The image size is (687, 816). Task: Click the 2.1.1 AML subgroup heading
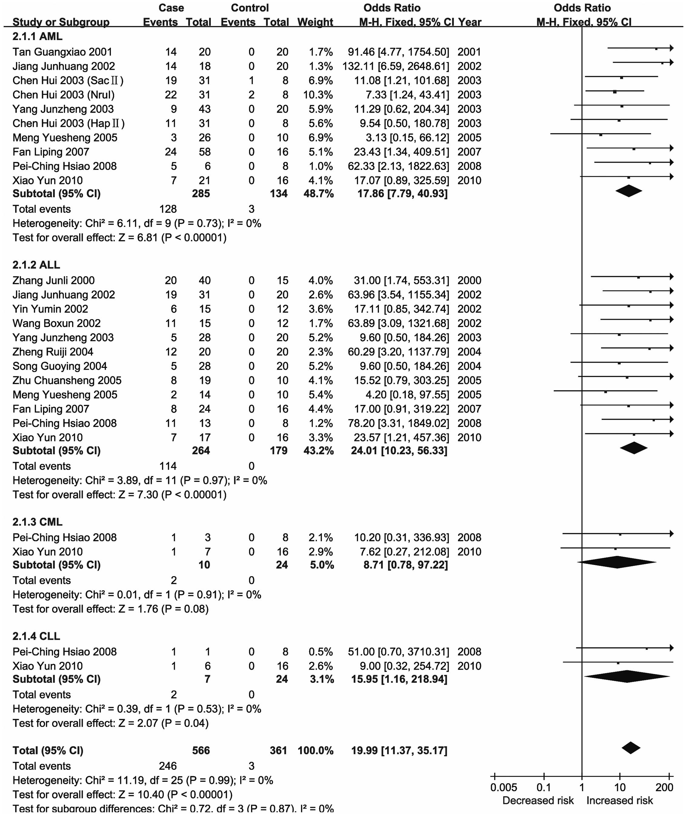(x=37, y=37)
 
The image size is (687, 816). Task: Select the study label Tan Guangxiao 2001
(x=62, y=52)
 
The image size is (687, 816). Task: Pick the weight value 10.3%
(x=318, y=94)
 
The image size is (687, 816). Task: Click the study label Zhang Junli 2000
(x=53, y=280)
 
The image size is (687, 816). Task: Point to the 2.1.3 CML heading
(x=37, y=522)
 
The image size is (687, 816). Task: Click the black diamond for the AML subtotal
(x=629, y=191)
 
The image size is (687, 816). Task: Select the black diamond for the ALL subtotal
(x=634, y=448)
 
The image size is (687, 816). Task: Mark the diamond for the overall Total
(x=631, y=748)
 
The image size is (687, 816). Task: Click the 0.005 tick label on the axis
(x=503, y=788)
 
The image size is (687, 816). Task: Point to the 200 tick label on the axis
(x=664, y=788)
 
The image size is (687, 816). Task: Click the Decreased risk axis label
(x=538, y=801)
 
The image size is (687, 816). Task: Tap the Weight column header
(x=315, y=22)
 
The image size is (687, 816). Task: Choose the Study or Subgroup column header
(x=61, y=22)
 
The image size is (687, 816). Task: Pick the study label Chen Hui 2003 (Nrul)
(x=64, y=94)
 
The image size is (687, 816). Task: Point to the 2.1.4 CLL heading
(x=36, y=636)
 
